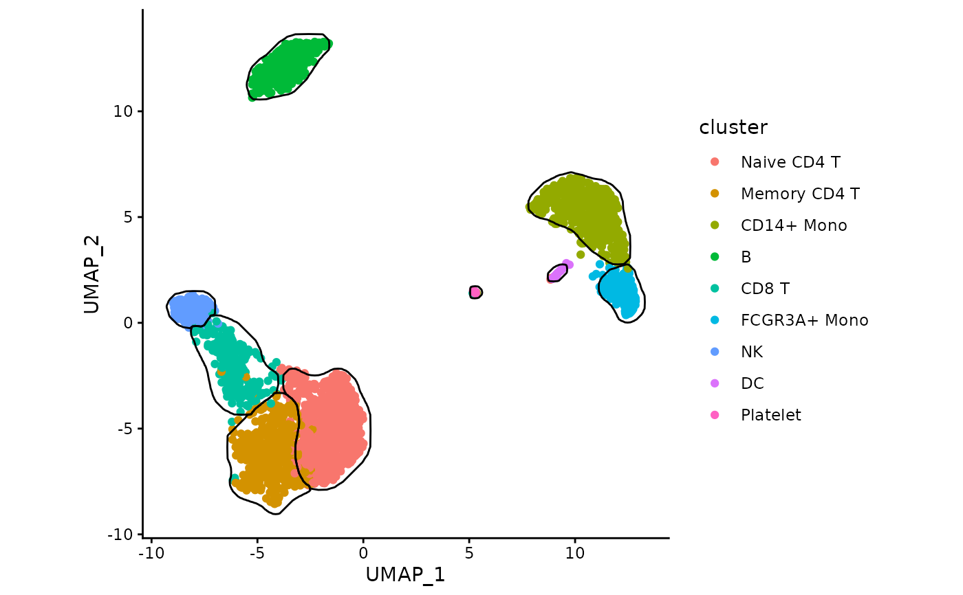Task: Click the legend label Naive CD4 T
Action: [x=790, y=162]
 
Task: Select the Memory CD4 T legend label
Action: [x=800, y=194]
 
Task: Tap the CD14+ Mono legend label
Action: [x=794, y=225]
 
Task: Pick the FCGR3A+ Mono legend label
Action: [x=804, y=320]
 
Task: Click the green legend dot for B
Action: [x=715, y=257]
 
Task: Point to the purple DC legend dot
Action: [x=715, y=383]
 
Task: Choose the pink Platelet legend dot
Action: [x=715, y=415]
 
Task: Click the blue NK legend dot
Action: [x=715, y=352]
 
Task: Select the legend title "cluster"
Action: [x=733, y=128]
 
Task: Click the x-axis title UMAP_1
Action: [x=405, y=574]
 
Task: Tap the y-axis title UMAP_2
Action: [x=92, y=275]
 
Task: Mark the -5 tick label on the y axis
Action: [x=125, y=429]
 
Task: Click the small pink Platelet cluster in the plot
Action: [x=475, y=292]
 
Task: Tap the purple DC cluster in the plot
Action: [x=557, y=273]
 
